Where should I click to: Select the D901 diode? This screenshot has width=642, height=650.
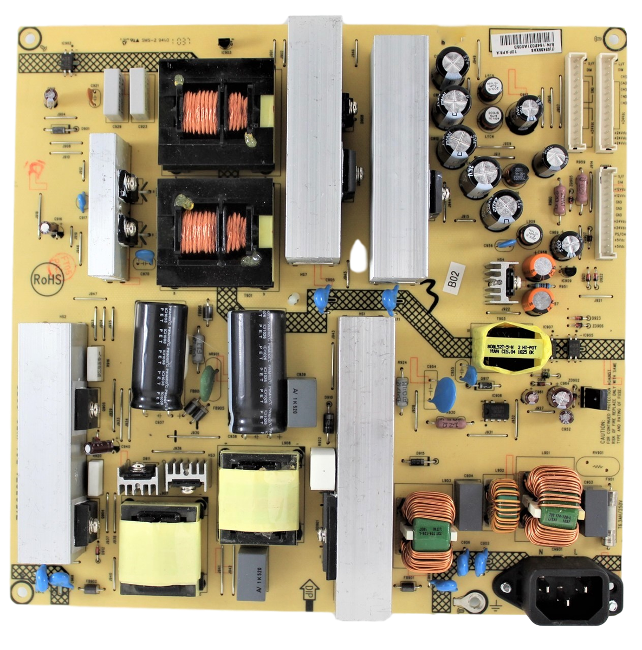coord(59,129)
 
